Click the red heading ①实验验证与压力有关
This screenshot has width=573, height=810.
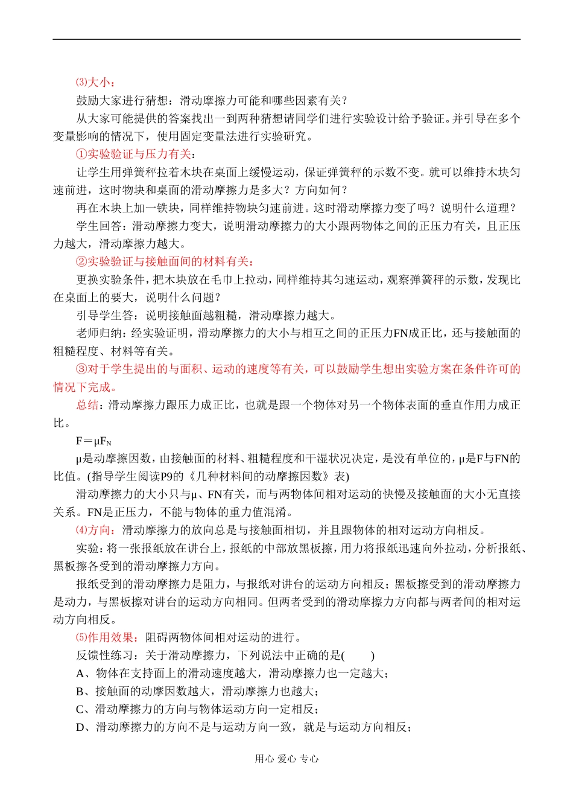(133, 155)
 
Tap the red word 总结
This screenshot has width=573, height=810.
(87, 405)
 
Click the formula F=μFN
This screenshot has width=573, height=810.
(93, 441)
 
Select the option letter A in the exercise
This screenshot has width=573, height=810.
(81, 674)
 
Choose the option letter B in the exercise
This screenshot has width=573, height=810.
(81, 692)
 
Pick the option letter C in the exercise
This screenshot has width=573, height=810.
(81, 710)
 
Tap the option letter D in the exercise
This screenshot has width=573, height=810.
(81, 727)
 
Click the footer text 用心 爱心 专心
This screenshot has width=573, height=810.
(286, 759)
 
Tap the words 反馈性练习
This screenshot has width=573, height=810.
(105, 656)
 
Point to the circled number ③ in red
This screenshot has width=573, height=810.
(81, 369)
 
